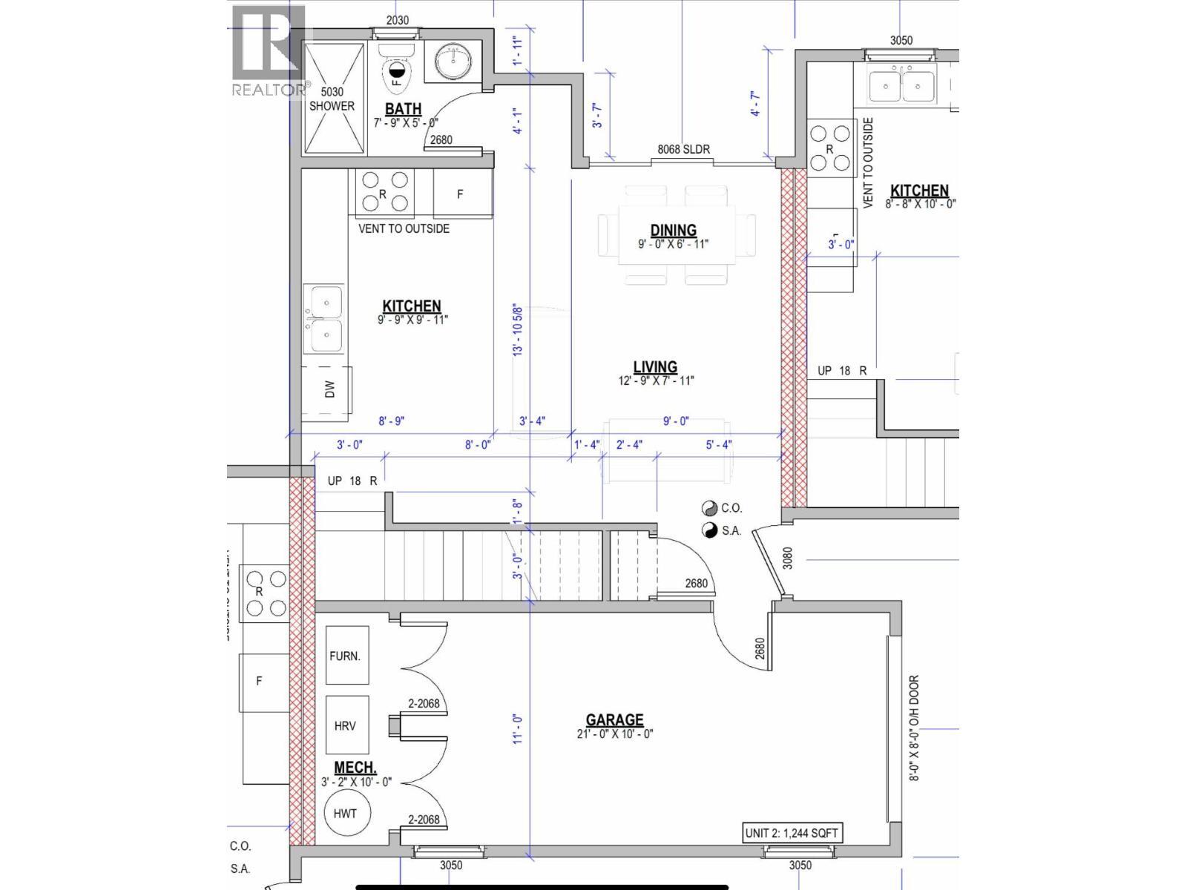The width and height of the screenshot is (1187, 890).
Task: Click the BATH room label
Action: [x=403, y=110]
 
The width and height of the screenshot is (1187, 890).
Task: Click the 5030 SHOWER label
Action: [x=332, y=99]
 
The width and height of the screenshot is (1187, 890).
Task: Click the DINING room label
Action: [x=673, y=231]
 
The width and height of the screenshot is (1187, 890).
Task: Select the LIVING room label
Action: [x=655, y=367]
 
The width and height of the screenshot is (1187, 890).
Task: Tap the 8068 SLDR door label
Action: [x=683, y=150]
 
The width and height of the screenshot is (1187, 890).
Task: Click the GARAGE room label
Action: [x=614, y=719]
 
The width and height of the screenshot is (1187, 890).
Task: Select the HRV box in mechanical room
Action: [x=346, y=725]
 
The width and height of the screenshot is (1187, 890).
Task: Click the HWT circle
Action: [x=345, y=814]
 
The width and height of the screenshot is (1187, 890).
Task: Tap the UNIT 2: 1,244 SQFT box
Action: [x=792, y=834]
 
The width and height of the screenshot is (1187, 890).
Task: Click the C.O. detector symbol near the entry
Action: [x=710, y=509]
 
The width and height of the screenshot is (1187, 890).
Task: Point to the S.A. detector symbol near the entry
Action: [x=710, y=530]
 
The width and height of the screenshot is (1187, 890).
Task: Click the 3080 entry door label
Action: [x=788, y=558]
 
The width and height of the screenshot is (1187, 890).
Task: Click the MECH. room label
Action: [x=355, y=768]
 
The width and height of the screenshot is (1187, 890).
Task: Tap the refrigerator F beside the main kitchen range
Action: [x=461, y=194]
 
